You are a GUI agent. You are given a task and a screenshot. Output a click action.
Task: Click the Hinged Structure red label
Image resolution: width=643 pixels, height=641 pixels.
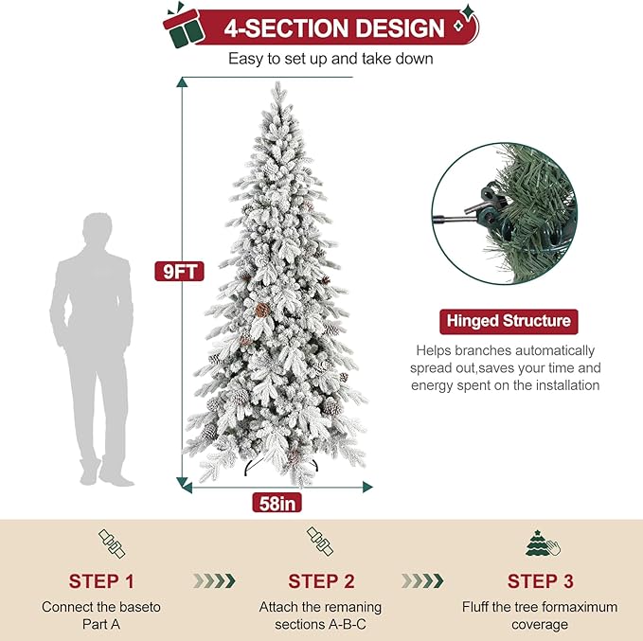pyautogui.click(x=508, y=320)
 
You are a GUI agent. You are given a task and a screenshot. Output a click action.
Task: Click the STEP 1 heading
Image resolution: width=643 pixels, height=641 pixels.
pyautogui.click(x=101, y=581)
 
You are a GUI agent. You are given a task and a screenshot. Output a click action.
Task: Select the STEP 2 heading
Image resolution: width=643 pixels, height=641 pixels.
pyautogui.click(x=321, y=581)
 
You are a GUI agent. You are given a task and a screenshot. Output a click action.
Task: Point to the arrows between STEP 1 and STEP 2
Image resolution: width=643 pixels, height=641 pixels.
pyautogui.click(x=213, y=580)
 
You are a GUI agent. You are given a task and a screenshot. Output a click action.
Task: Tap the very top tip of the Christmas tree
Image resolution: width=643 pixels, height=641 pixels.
pyautogui.click(x=276, y=86)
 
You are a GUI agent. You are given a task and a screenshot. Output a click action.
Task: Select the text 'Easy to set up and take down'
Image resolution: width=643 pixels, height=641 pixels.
pyautogui.click(x=330, y=59)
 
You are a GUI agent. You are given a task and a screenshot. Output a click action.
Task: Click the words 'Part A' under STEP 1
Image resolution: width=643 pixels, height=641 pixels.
pyautogui.click(x=101, y=624)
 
